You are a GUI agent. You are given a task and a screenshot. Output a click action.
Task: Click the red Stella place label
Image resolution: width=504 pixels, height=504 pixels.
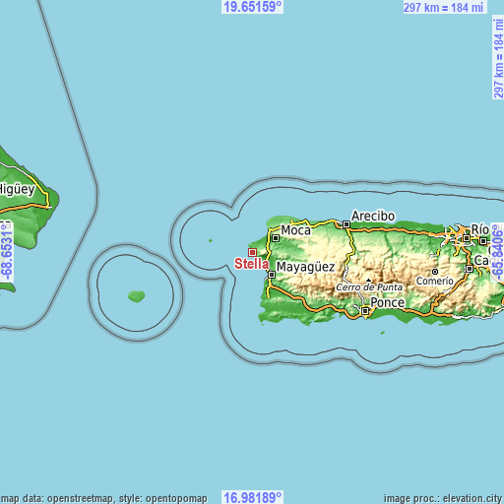point(251,264)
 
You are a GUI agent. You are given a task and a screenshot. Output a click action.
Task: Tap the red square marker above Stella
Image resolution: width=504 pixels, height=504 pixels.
point(252,252)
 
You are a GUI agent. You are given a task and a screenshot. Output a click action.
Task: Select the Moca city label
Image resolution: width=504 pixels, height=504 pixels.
point(295,230)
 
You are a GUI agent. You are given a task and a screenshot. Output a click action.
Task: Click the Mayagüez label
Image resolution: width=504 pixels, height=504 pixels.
point(305,267)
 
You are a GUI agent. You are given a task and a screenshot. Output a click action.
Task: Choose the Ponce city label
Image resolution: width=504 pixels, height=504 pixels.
point(387,302)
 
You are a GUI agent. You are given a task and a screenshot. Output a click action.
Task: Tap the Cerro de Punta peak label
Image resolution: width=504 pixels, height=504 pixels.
point(370,286)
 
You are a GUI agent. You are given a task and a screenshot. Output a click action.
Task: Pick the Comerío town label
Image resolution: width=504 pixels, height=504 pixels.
point(434,281)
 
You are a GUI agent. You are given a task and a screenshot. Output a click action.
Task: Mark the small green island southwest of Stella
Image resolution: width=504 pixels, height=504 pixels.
point(137,295)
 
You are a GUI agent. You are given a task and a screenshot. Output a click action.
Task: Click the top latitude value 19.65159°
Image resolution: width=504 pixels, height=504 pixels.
point(252,7)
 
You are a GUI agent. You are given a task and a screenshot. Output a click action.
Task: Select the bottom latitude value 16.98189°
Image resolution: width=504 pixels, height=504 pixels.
point(252,497)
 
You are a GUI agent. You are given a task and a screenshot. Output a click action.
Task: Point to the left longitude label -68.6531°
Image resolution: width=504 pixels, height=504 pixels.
point(7,252)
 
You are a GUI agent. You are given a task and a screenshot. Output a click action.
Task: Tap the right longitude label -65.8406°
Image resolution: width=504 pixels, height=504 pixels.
point(497,252)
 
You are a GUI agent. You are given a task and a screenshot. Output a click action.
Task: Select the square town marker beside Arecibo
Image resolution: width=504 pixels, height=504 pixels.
point(346,224)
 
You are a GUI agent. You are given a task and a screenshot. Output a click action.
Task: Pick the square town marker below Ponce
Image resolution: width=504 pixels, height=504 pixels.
point(364,311)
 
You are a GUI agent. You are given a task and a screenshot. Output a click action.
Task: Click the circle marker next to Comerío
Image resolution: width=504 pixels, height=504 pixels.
point(435,271)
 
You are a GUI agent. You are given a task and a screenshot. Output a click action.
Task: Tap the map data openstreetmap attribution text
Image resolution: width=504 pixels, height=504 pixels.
point(104,498)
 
